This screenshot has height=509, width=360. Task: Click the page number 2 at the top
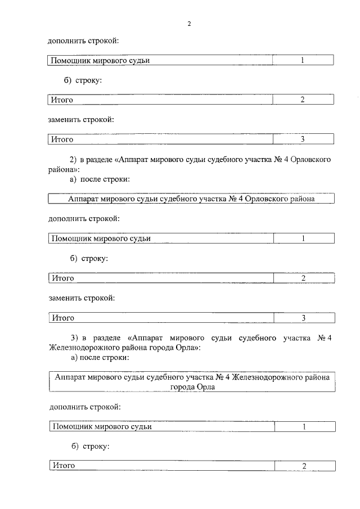[190, 24]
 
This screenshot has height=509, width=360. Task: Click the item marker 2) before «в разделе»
[73, 159]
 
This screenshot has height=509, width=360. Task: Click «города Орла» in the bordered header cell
[191, 387]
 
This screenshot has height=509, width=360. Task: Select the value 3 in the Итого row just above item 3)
[303, 318]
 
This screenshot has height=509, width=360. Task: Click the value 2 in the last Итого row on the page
[304, 466]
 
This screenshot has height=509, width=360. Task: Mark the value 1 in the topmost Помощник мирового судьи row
[302, 60]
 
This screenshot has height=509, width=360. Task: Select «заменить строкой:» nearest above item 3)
[82, 298]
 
